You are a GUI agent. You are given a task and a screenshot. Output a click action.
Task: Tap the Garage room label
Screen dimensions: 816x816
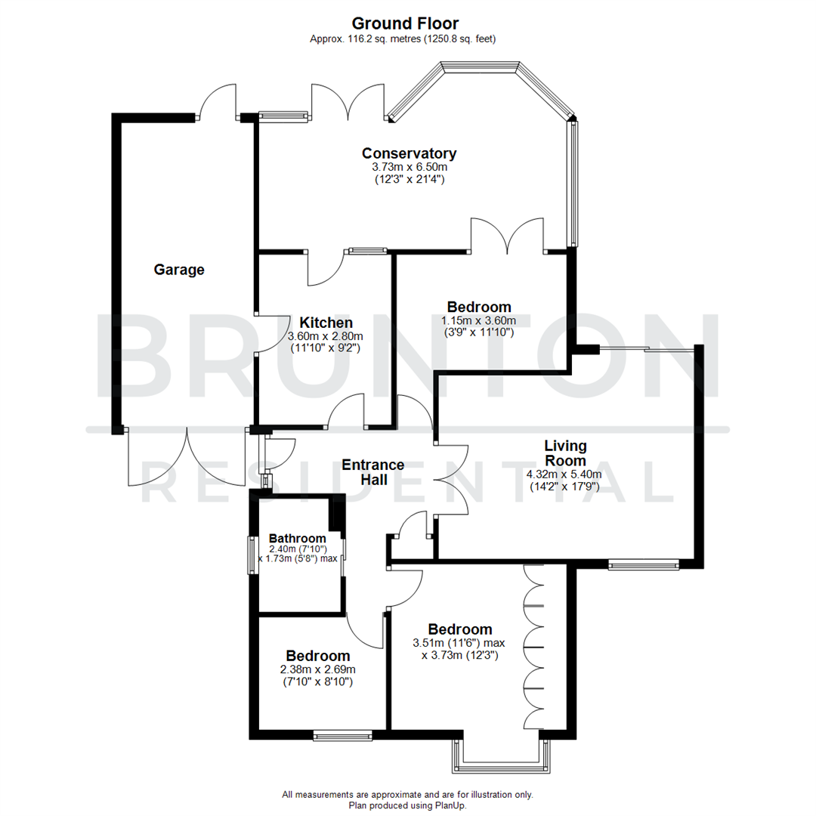[179, 270]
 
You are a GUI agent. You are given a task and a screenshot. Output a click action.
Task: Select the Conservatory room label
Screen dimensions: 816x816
[409, 153]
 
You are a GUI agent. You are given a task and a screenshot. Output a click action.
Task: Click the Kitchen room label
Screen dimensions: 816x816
[326, 323]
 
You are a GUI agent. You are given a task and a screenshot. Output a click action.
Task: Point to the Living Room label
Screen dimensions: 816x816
[565, 453]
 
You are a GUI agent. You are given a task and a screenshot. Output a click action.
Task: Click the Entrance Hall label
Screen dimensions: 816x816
[372, 471]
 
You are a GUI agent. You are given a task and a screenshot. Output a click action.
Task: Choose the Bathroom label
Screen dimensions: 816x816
[297, 539]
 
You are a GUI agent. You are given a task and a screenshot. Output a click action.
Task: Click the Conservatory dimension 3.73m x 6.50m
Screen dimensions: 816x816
[410, 167]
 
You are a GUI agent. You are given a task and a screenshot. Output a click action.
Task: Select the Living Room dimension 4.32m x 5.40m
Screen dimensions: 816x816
[563, 474]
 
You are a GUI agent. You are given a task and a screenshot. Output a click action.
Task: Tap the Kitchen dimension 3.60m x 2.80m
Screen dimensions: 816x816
[326, 336]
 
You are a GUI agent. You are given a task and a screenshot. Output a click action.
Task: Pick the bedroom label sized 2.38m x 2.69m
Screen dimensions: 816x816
[317, 656]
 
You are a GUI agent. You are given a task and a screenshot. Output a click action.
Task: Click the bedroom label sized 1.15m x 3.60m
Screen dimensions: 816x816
[478, 308]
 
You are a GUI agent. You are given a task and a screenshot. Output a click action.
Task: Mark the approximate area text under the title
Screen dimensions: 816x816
[408, 39]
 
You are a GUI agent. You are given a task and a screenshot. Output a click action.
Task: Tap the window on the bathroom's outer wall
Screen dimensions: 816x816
[253, 555]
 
